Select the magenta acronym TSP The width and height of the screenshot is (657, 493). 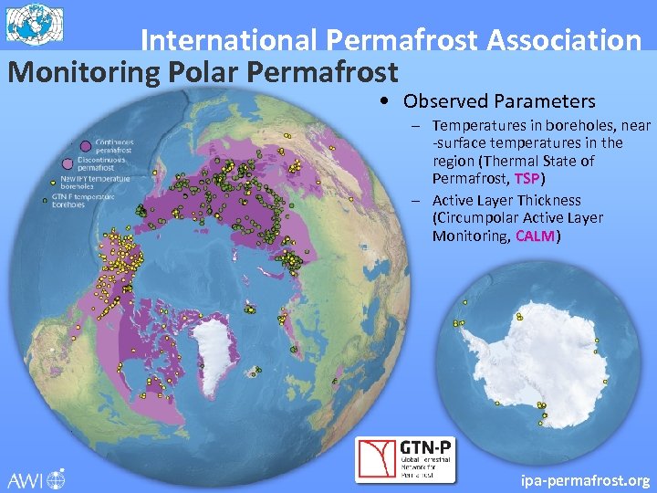527,178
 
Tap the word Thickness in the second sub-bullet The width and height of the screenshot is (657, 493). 548,200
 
